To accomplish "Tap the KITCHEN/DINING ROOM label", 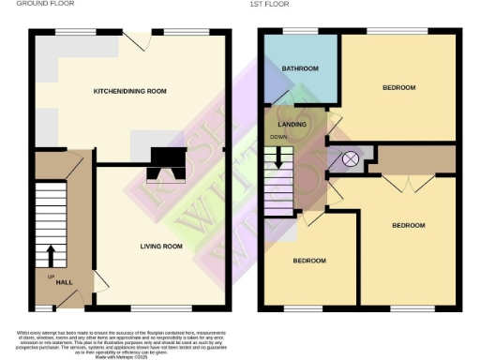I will [x=129, y=91].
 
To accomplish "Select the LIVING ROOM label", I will [x=161, y=246].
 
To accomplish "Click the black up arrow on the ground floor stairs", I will [x=50, y=255].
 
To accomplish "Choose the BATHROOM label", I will [x=300, y=68].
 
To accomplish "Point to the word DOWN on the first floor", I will [x=278, y=138].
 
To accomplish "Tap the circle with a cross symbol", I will [x=351, y=158].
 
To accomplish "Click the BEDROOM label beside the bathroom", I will [x=397, y=87].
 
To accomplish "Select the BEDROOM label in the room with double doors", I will [x=408, y=225].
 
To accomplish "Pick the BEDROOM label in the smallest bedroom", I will [x=308, y=260].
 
